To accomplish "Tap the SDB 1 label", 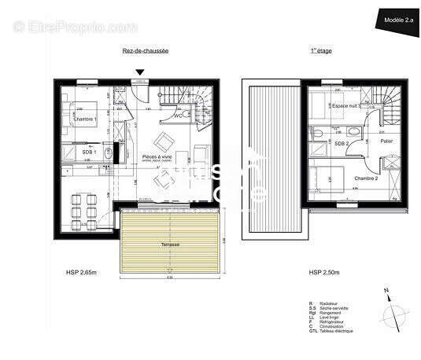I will tap(89, 152).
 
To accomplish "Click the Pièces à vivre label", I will tap(158, 157).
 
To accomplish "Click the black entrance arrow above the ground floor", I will tap(140, 73).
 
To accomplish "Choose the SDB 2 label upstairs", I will tap(341, 143).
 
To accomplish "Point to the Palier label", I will tap(386, 141).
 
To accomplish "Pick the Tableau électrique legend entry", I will tap(339, 333).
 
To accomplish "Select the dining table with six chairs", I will tap(81, 205).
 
